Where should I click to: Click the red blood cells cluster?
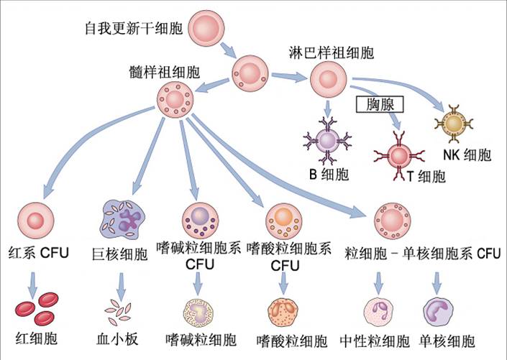[36, 305]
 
